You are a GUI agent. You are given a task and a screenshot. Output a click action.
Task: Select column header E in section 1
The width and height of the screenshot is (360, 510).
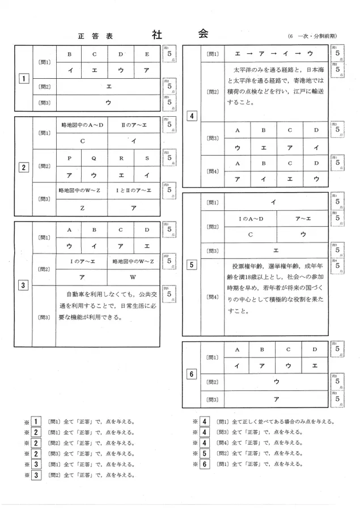point(147,54)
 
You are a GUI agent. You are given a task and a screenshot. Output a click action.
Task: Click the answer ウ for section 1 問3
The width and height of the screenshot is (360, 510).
point(108,103)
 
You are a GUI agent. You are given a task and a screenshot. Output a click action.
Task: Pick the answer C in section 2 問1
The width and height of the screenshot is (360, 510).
point(82,140)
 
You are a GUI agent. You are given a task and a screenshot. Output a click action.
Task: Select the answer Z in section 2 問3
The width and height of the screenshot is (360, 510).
point(82,207)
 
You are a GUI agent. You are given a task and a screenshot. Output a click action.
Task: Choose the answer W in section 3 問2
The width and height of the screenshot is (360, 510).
point(133,277)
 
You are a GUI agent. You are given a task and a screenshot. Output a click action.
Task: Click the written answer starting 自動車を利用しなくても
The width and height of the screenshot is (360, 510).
point(108,306)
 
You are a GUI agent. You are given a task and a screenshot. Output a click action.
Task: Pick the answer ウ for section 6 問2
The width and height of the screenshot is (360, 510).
point(276,382)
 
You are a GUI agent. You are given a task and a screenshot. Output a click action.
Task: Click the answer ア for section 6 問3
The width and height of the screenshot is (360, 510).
point(276,399)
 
